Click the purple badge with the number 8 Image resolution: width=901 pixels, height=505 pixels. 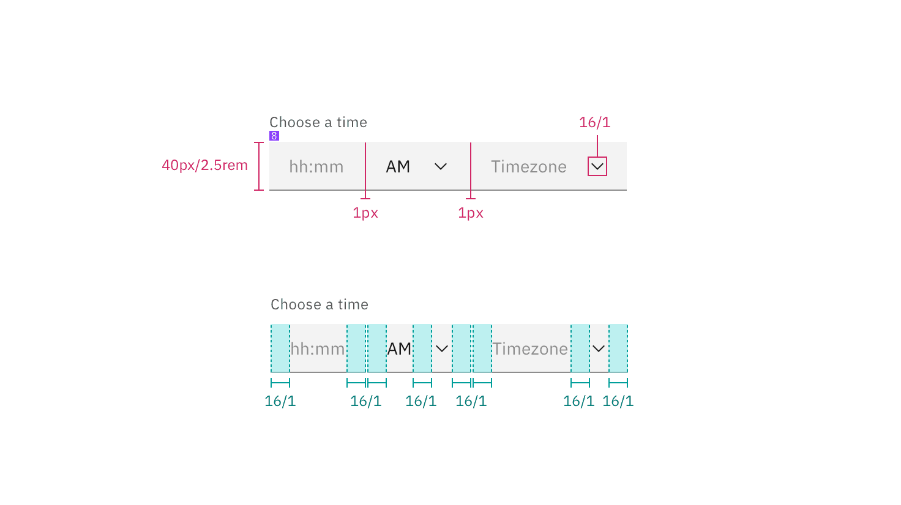coord(274,136)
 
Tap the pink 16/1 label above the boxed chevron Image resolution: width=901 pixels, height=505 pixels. coord(595,122)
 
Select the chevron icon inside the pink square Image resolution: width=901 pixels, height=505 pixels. coord(597,166)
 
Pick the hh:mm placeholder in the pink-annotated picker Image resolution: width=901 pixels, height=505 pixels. coord(316,166)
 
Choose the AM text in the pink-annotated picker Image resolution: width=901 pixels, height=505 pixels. coord(398,166)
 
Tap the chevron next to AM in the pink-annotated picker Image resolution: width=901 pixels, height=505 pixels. coord(441,166)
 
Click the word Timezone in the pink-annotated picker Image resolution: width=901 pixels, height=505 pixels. coord(528,166)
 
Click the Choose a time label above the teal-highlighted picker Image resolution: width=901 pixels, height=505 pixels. coord(320,304)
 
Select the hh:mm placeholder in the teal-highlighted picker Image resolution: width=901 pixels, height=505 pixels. coord(318,348)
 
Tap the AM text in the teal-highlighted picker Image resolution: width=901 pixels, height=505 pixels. coord(399,348)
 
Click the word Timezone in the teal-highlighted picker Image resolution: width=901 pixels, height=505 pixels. coord(530,348)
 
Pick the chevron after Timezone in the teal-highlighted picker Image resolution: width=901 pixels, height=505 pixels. coord(599,348)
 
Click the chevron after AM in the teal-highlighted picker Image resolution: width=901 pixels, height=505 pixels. coord(442,348)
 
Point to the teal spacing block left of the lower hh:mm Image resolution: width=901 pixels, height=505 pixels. coord(280,348)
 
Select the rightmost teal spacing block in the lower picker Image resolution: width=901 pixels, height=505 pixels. coord(618,348)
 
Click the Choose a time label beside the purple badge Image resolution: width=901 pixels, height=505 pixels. coord(318,122)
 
